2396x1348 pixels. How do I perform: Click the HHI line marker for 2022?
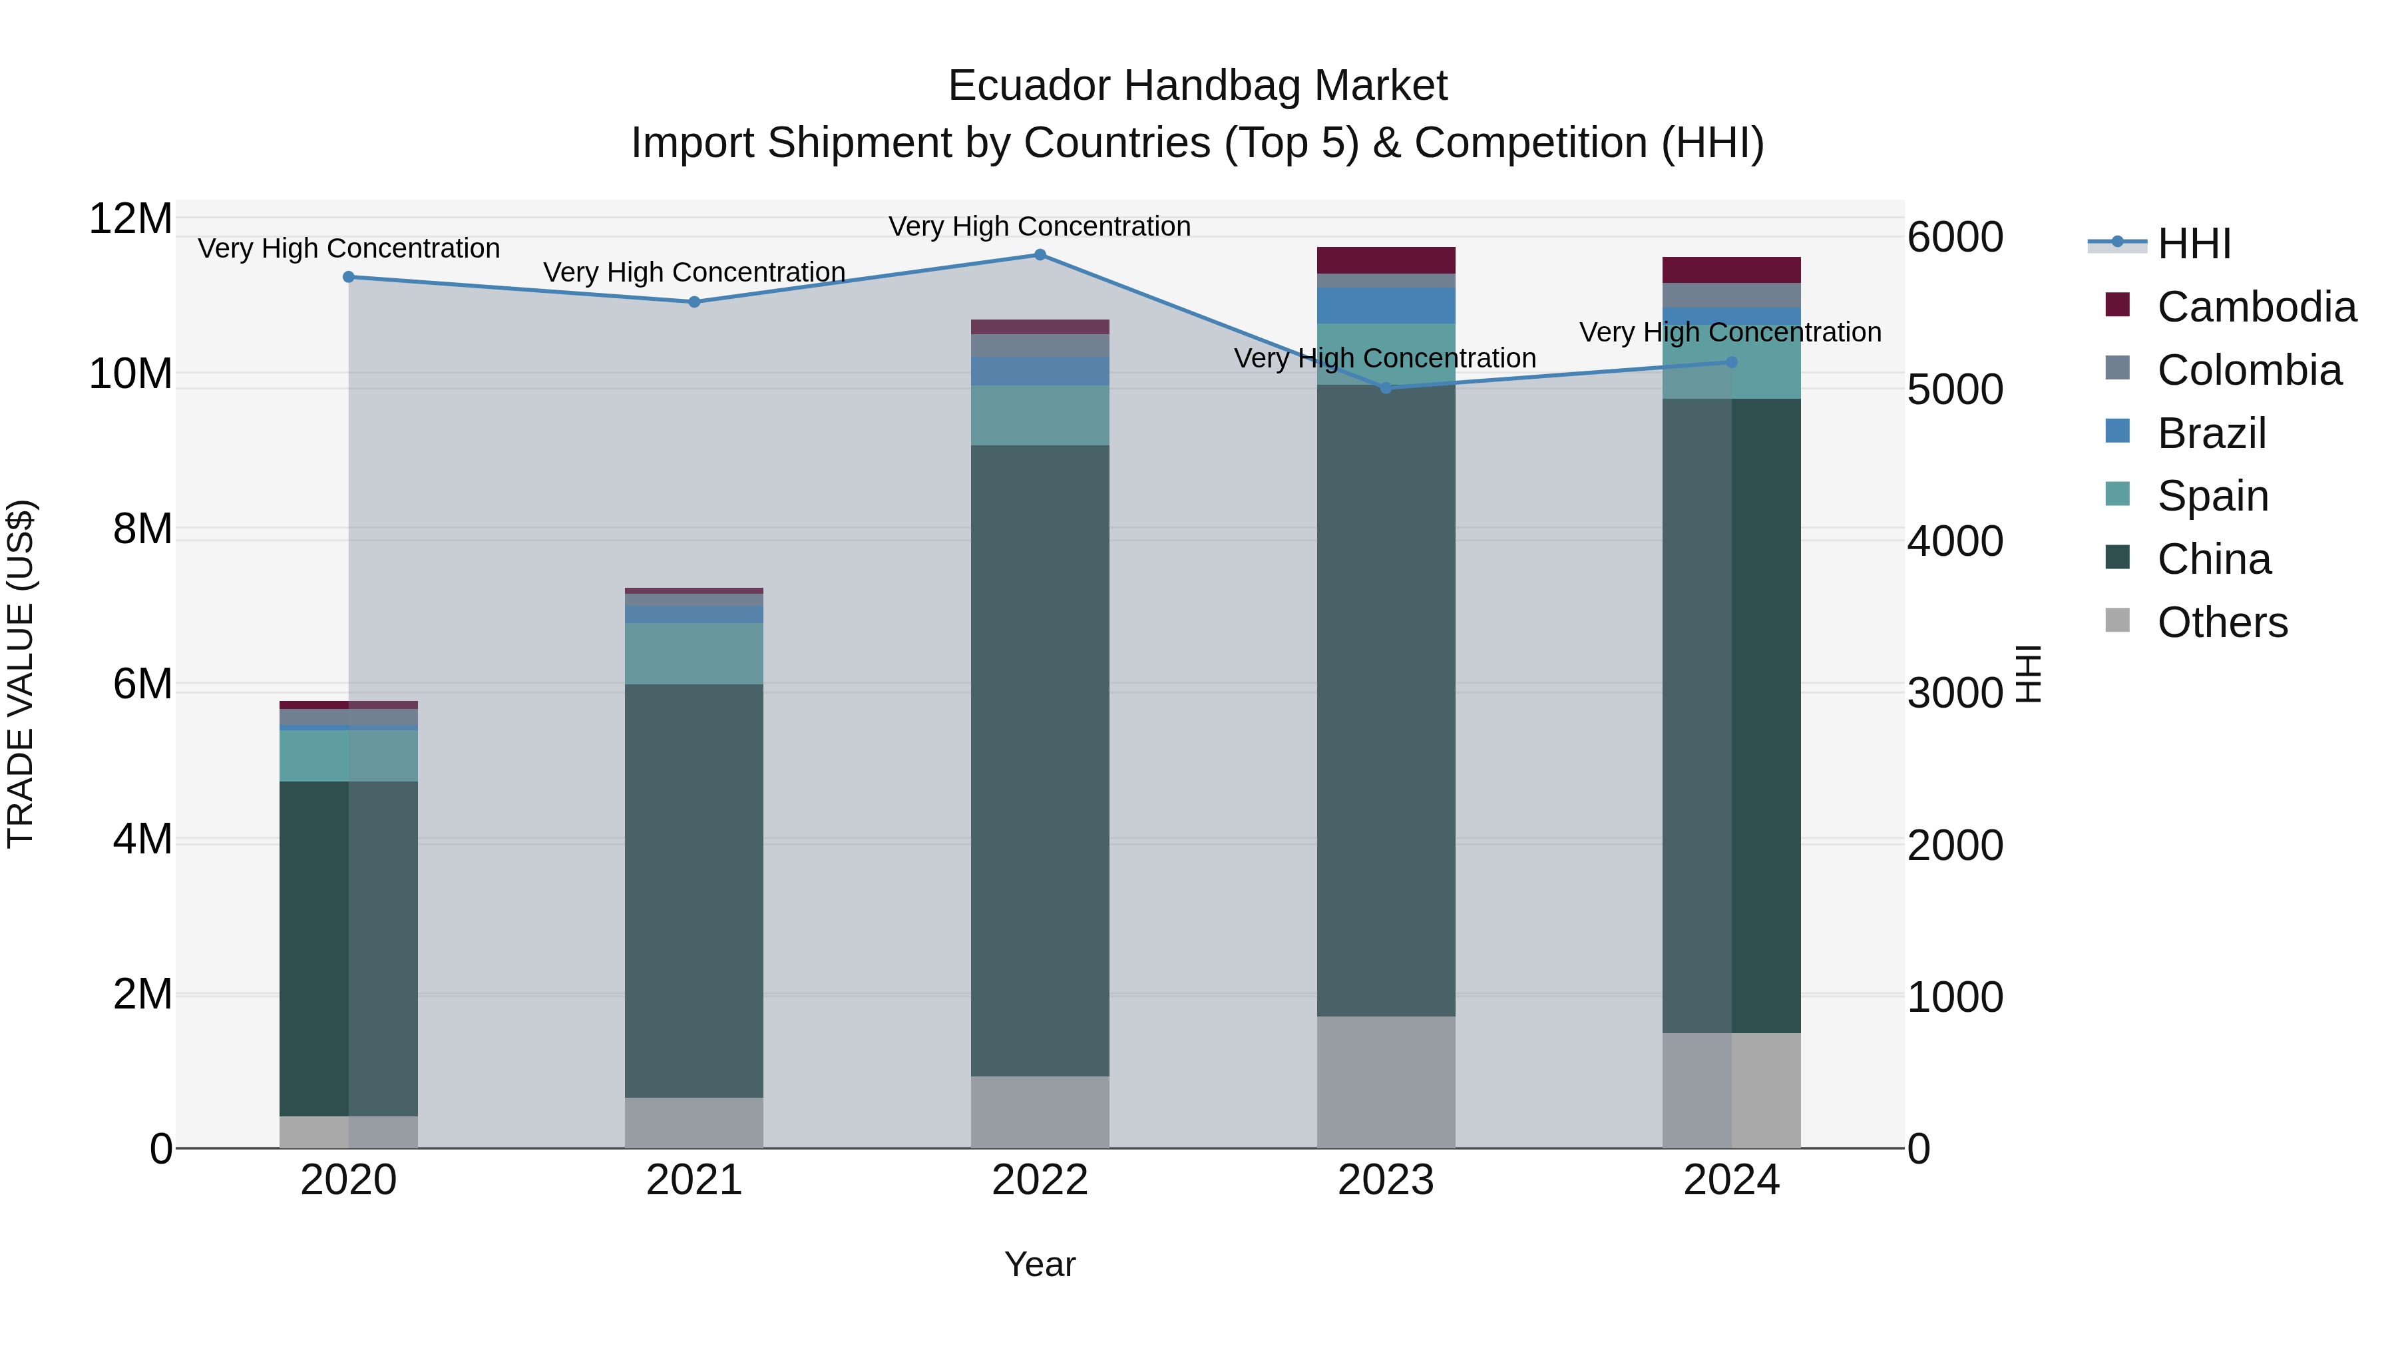1040,255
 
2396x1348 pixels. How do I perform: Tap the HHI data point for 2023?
1386,388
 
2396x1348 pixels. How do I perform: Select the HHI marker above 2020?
349,277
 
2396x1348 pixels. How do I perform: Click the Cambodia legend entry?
2256,307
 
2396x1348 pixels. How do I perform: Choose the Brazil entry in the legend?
2212,433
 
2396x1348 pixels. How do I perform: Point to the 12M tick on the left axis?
130,220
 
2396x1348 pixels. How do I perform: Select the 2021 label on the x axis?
694,1180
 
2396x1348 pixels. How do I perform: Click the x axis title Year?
1040,1264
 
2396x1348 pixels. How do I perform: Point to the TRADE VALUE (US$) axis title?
21,674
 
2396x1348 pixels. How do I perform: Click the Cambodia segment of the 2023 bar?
1386,260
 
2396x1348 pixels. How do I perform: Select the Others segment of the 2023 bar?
1386,1082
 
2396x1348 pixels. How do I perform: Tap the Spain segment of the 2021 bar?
694,653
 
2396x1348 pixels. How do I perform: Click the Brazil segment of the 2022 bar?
1040,371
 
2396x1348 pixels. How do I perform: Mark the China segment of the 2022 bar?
1040,760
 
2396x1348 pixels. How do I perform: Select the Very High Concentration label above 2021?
694,272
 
